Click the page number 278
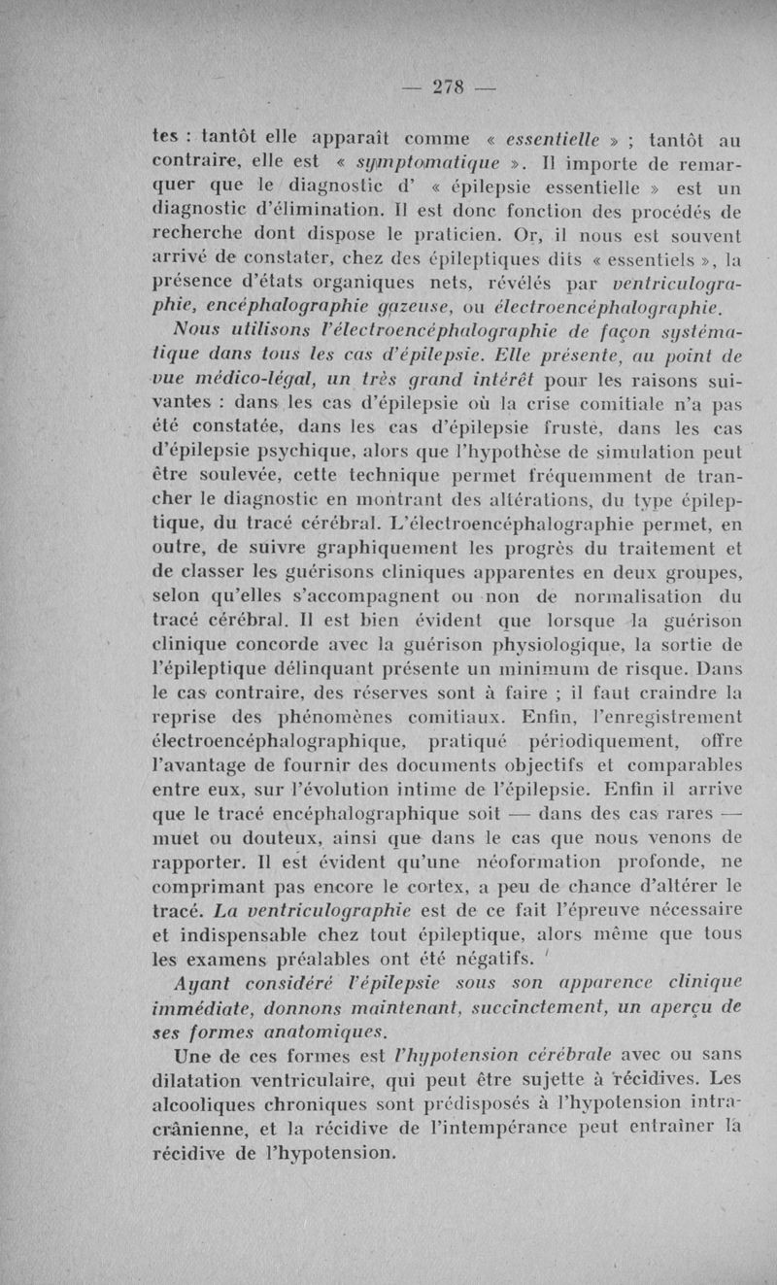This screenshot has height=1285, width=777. click(447, 86)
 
